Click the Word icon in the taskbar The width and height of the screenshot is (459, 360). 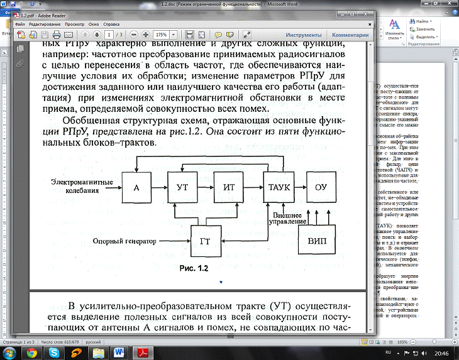click(x=119, y=353)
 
